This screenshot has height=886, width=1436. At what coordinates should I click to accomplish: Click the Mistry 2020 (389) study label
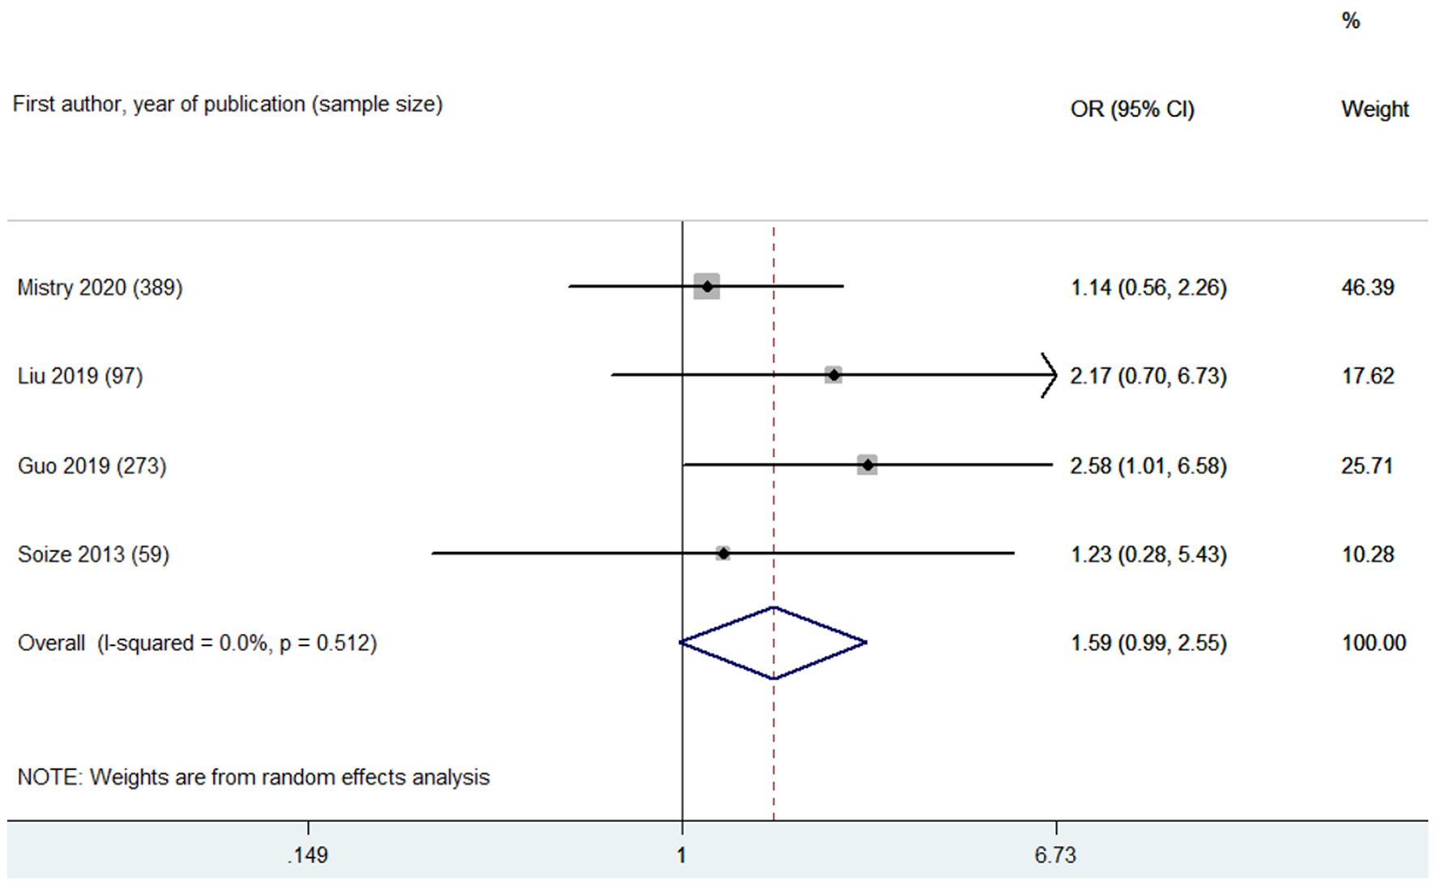100,288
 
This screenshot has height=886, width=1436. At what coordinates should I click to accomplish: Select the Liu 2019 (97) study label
80,376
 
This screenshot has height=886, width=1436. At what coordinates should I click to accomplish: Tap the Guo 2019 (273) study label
92,466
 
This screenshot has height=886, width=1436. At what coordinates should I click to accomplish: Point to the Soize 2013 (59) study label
93,554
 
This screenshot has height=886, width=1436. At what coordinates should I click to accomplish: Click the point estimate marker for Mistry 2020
707,287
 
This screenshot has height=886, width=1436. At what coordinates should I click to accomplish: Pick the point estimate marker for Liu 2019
833,375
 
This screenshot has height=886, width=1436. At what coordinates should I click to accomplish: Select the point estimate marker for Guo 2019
867,465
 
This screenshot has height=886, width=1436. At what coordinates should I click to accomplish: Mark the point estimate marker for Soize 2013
723,554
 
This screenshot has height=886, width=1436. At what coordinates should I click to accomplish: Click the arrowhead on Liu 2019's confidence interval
1050,375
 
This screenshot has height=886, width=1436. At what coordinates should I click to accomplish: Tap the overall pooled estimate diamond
773,643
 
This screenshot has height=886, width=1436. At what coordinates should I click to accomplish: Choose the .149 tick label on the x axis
307,855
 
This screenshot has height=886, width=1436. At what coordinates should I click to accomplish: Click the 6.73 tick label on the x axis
1055,855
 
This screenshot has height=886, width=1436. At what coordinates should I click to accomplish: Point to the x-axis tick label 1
682,855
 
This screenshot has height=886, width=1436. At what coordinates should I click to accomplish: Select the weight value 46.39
1367,288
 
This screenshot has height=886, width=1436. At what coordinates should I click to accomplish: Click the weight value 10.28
1367,554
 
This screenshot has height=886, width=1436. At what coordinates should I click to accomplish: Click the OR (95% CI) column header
1132,109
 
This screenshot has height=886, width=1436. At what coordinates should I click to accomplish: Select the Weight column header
1374,109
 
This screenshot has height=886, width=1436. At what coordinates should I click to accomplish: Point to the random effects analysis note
254,777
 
